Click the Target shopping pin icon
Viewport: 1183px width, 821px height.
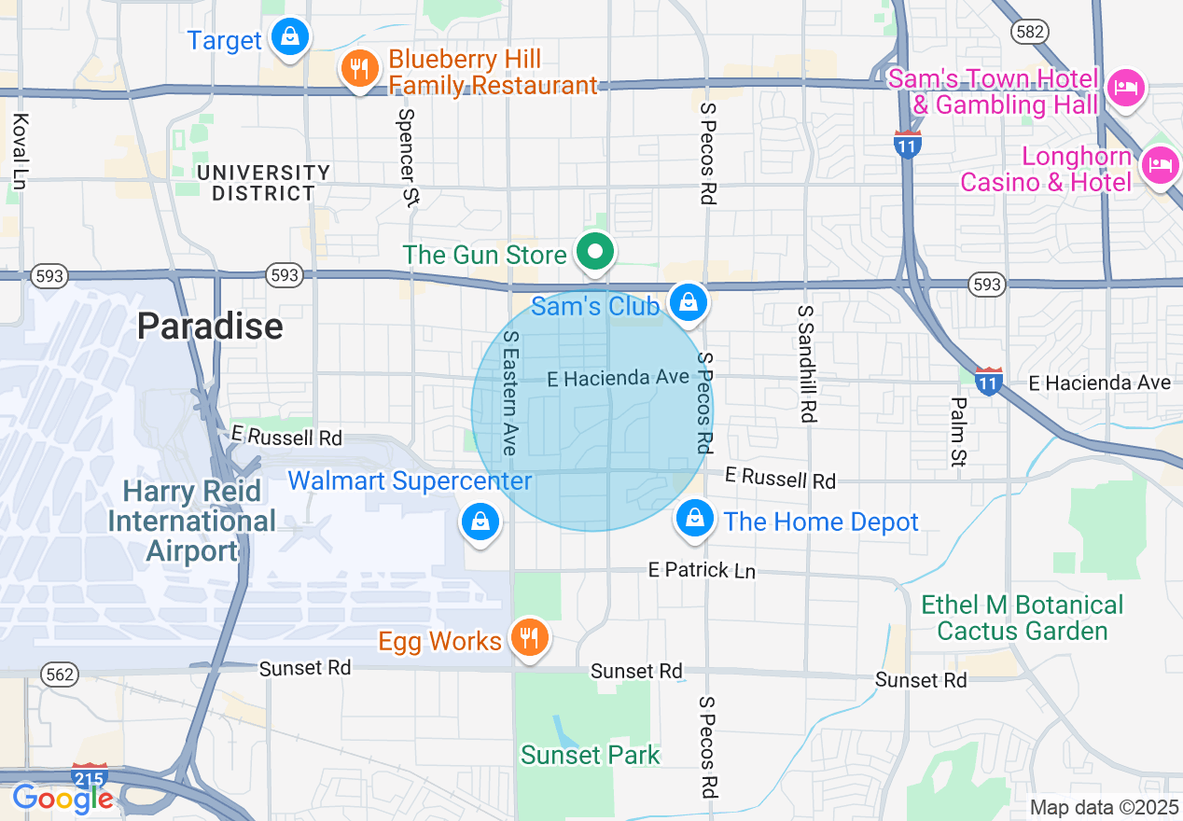[291, 37]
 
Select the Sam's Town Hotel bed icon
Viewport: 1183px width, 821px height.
[1126, 89]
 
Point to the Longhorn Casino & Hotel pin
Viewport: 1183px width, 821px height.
[1161, 166]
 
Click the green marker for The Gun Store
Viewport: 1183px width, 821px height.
[594, 251]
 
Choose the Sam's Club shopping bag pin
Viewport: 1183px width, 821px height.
[688, 302]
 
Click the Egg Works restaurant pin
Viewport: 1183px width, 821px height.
[530, 638]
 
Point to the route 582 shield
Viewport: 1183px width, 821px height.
[1027, 32]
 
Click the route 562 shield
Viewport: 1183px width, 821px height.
[58, 673]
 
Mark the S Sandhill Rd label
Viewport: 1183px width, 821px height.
[807, 364]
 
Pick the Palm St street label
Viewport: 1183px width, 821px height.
[958, 431]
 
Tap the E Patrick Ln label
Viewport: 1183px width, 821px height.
[703, 569]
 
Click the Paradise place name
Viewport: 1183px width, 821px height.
[210, 326]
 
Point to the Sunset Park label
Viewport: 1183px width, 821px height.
[591, 755]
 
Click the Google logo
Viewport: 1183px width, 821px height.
[63, 798]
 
